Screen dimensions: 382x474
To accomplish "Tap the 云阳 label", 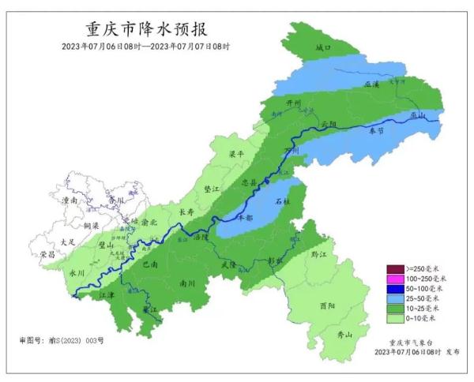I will tap(329, 125).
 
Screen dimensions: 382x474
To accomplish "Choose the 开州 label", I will tap(294, 103).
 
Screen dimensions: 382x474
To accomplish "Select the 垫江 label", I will tap(212, 189).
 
